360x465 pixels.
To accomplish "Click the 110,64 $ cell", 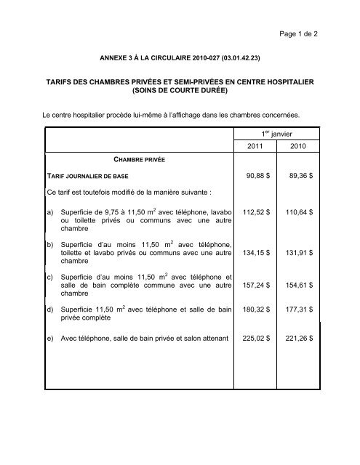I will coord(297,214).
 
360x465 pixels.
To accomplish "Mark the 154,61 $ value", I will coord(297,286).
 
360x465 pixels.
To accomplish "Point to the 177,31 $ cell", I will coord(297,311).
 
